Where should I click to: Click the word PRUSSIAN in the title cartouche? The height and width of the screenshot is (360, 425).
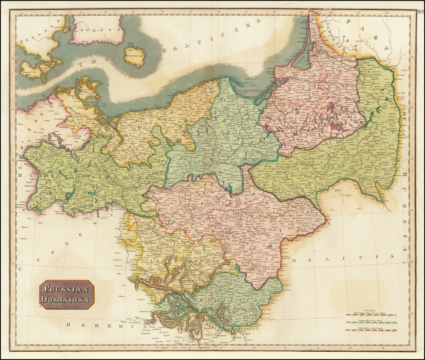tap(67, 289)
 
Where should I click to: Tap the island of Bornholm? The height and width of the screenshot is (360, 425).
tap(134, 56)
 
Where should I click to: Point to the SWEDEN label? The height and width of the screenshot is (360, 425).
tap(97, 30)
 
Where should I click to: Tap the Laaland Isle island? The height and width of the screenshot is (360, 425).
tap(31, 69)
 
